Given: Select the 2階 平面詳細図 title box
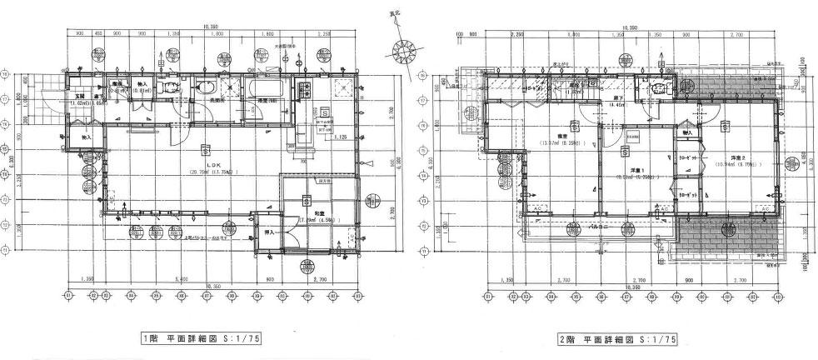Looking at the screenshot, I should point(617,339).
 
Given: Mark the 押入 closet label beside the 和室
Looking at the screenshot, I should point(270,232).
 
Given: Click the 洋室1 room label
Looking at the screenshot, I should point(624,171).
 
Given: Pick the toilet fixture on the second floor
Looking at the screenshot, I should point(657,90).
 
